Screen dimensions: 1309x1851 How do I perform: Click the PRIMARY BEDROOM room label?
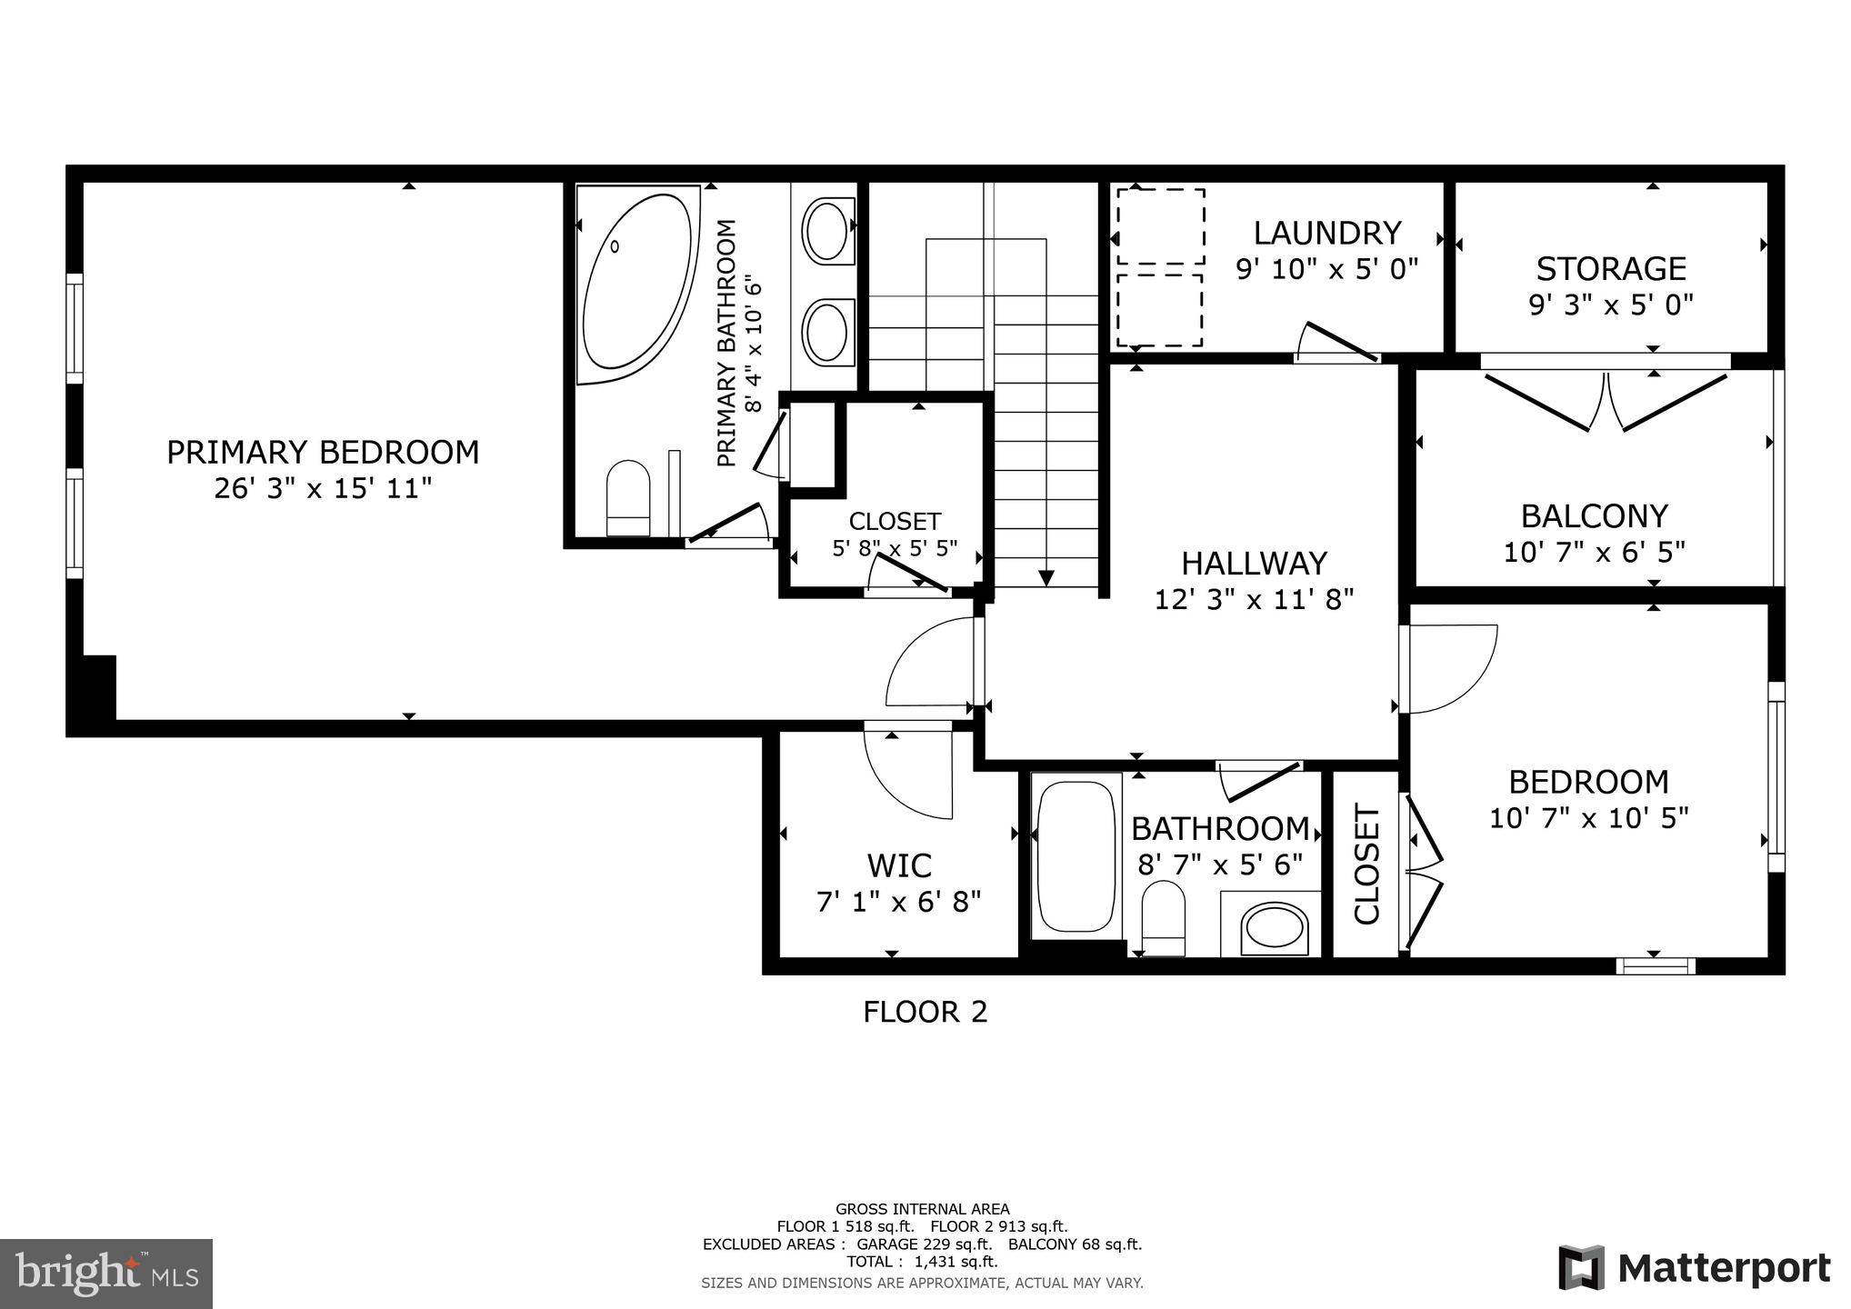click(323, 453)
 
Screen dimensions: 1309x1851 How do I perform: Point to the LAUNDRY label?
click(1326, 234)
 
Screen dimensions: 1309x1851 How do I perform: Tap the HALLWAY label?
click(1254, 564)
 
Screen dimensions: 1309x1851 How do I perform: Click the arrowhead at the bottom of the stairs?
click(1046, 578)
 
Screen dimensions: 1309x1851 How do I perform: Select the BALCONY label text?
click(1594, 516)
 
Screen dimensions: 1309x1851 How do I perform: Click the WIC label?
click(898, 865)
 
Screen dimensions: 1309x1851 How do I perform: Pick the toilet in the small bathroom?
click(1163, 914)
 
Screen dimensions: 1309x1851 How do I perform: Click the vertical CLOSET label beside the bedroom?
click(1366, 864)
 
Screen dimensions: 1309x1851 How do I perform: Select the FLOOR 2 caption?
click(925, 1012)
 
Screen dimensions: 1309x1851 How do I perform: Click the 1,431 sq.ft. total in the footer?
click(956, 1262)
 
